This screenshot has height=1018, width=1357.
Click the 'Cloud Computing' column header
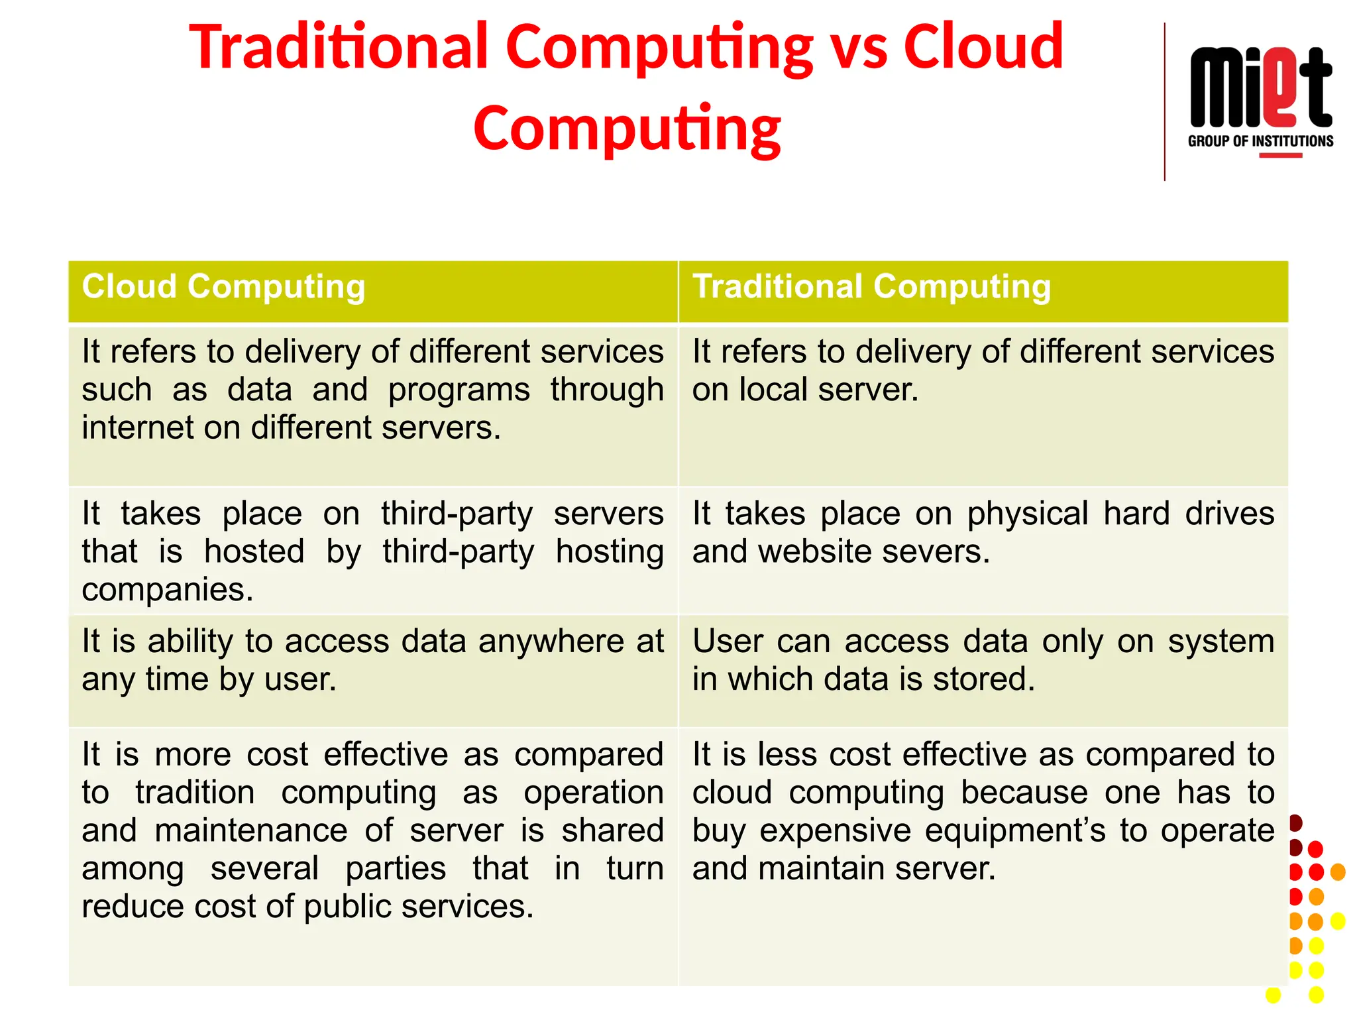[223, 287]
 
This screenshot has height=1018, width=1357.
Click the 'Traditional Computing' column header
[871, 287]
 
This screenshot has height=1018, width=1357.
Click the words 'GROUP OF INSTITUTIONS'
[1260, 141]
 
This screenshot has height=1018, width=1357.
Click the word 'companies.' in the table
[168, 589]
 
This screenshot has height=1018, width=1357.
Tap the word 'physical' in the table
[1027, 514]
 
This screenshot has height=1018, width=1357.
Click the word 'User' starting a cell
[728, 642]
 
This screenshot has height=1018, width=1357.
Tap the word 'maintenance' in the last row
[251, 831]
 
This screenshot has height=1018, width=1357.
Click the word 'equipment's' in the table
[933, 831]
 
